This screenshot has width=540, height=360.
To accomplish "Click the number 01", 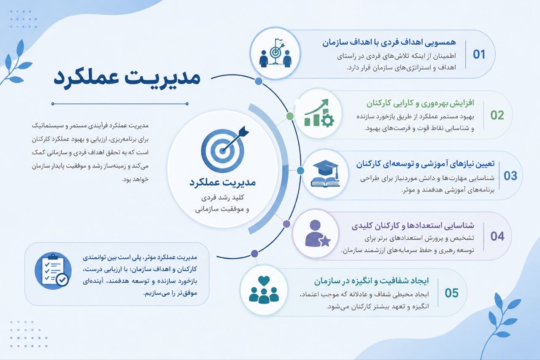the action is tap(479, 54).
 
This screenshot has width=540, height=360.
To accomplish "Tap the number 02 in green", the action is tap(497, 115).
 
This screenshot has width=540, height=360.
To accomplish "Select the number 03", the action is tap(510, 176).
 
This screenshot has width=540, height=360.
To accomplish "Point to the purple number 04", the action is tap(497, 236).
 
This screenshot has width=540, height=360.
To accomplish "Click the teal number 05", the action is tap(451, 293).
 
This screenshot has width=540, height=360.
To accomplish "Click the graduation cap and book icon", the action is tap(325, 174).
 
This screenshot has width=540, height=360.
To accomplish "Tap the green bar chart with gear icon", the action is tap(319, 113).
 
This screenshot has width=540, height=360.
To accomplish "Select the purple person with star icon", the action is tap(318, 234).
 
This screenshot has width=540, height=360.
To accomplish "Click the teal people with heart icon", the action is tap(264, 290).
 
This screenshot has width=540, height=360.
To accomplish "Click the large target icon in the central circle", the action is tap(225, 149).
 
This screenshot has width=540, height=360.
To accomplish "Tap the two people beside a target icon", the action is tap(275, 53).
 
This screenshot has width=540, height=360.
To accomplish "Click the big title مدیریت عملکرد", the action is tap(127, 78).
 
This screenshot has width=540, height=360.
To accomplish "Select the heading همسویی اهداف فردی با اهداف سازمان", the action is tap(389, 43).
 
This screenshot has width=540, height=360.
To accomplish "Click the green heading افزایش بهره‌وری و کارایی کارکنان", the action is tap(420, 103).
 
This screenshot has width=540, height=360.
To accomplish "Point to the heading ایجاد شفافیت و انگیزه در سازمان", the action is tap(371, 281).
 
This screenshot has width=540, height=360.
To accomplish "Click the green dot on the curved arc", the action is tap(290, 116).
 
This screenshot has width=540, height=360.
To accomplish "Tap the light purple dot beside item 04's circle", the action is tap(286, 224).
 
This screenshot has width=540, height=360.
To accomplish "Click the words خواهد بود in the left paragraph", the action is tap(135, 180).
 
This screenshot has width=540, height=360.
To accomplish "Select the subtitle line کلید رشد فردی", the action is tap(223, 198).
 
